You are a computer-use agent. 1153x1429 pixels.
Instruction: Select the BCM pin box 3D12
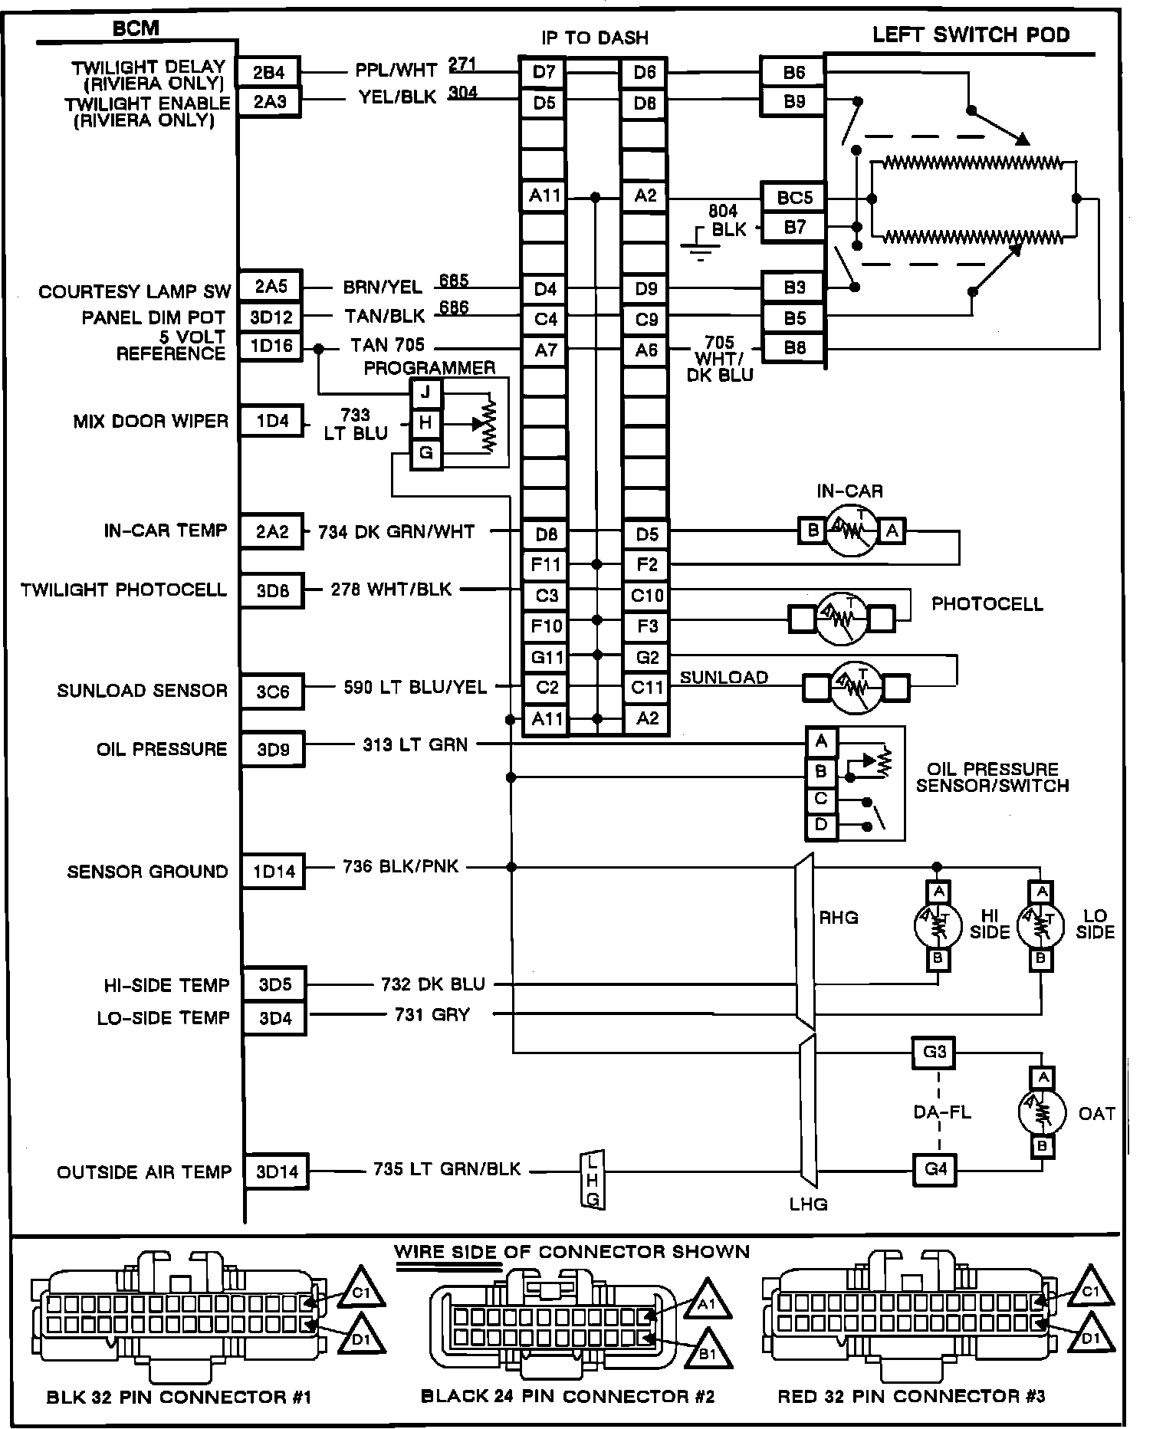[x=271, y=317]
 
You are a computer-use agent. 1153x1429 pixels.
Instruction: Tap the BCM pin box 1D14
[x=274, y=872]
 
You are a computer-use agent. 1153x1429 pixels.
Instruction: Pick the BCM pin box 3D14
[x=277, y=1172]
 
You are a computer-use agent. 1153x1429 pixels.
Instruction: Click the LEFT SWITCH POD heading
[x=971, y=34]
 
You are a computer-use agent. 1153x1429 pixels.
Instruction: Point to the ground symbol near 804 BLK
[x=700, y=245]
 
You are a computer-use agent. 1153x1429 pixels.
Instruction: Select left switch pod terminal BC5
[x=794, y=198]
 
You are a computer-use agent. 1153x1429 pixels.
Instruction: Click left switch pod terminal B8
[x=794, y=348]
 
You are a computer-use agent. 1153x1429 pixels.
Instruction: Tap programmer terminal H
[x=425, y=422]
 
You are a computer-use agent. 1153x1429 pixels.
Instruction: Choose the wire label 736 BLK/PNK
[x=401, y=866]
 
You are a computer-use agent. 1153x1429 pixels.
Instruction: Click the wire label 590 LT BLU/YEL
[x=415, y=687]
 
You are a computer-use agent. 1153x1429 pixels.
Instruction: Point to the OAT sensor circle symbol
[x=1042, y=1112]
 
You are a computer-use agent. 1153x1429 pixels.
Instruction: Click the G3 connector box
[x=935, y=1053]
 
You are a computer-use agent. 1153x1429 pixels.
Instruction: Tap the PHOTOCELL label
[x=987, y=603]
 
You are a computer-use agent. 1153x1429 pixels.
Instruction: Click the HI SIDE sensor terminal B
[x=938, y=958]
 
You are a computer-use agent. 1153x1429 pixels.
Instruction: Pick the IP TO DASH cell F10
[x=546, y=626]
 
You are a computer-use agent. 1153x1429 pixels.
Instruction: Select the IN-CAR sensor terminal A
[x=892, y=530]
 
